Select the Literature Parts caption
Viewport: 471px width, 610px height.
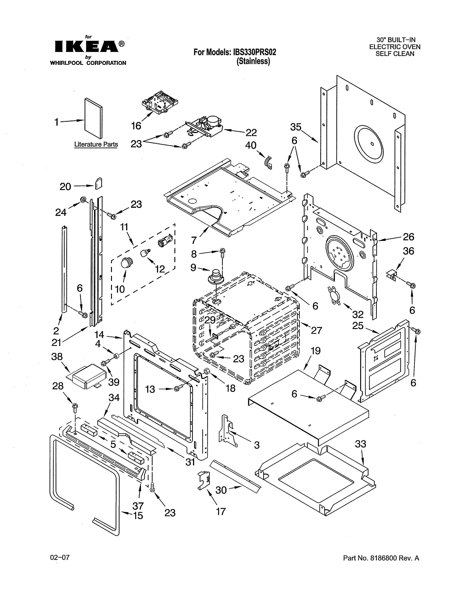coord(96,144)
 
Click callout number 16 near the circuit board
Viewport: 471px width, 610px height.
coord(136,126)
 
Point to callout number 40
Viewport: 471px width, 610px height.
coord(251,145)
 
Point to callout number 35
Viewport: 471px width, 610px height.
coord(296,127)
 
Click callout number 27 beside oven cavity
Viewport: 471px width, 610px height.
coord(316,331)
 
